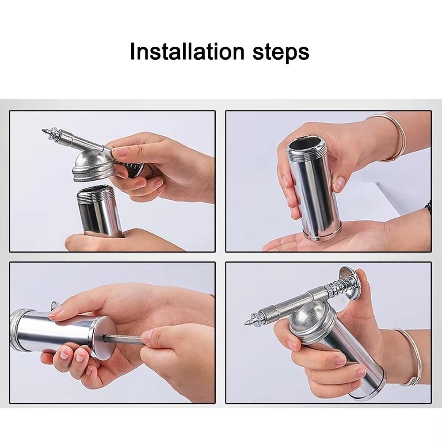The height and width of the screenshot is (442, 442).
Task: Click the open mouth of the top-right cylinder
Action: (x=305, y=144)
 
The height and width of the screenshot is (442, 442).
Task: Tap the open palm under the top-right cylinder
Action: (x=336, y=241)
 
